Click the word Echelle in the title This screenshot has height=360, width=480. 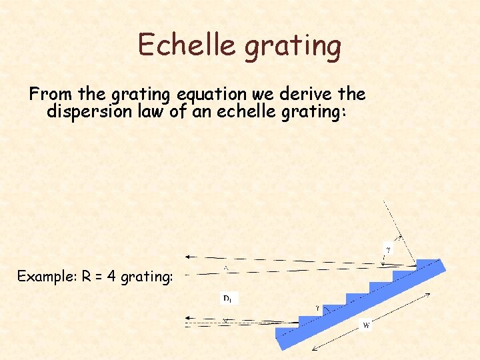coord(186,45)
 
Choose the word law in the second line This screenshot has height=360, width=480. coord(152,111)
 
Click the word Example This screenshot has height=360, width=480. coord(46,276)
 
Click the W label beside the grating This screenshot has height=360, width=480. coord(365,326)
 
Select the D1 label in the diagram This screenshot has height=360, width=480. coord(227,299)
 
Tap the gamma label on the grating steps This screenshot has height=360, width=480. coord(317,308)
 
